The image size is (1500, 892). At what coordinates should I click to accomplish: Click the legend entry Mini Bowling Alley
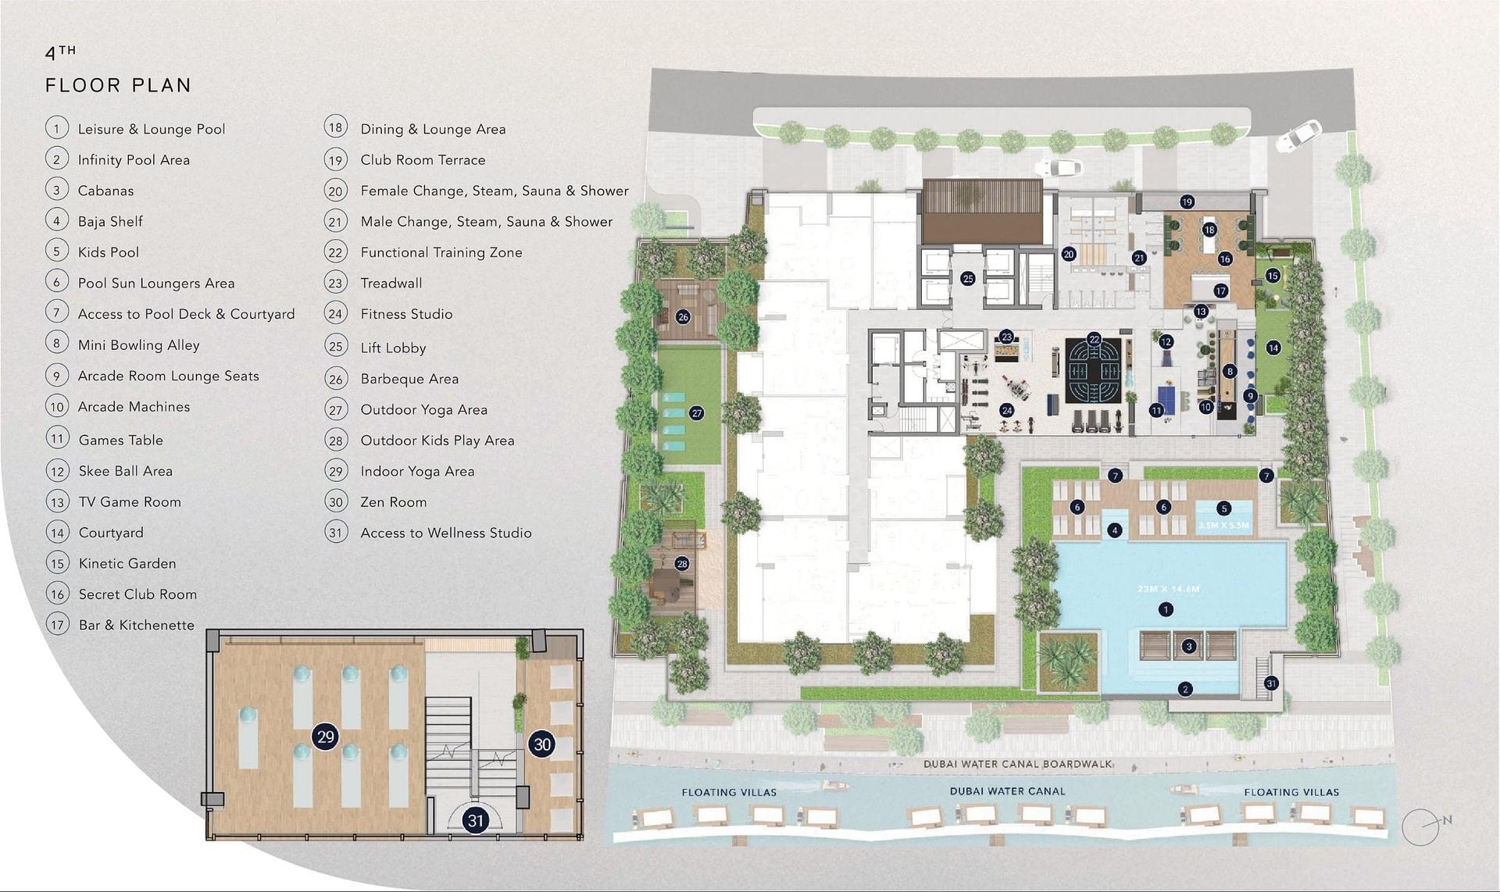(138, 344)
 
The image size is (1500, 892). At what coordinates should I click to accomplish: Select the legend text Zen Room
(393, 501)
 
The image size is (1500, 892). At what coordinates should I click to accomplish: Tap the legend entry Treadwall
(391, 283)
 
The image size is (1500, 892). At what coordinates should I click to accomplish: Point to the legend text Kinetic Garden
(127, 563)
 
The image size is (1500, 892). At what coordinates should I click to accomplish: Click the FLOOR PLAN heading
(118, 85)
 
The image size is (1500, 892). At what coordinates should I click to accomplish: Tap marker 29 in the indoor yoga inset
(325, 737)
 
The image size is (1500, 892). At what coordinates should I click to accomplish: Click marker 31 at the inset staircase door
(475, 820)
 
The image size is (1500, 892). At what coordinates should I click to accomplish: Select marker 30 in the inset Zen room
(542, 744)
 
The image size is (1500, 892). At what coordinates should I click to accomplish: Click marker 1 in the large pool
(1166, 609)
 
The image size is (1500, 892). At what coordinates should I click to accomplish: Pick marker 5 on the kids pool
(1223, 508)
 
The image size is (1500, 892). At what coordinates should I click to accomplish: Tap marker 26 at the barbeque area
(683, 317)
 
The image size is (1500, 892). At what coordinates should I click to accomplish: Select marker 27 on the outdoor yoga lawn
(696, 413)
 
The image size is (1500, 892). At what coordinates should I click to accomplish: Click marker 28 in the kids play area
(682, 563)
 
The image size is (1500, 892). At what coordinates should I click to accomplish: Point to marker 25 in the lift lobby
(967, 278)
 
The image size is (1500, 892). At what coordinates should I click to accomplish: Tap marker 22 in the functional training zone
(1094, 339)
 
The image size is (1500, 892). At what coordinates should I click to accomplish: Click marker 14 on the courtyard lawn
(1273, 348)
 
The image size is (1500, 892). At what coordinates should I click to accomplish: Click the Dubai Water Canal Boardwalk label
(1017, 764)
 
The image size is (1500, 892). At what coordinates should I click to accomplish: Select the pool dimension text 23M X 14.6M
(1168, 589)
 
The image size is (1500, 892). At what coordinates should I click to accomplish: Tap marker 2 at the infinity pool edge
(1186, 689)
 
